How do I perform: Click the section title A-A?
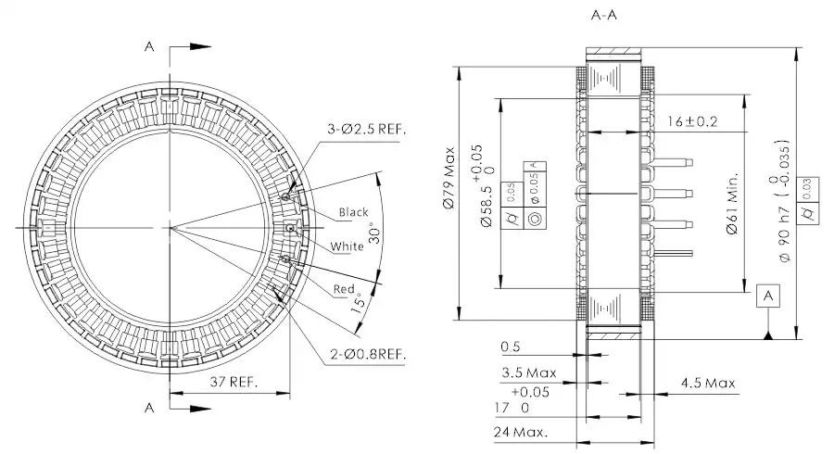point(608,16)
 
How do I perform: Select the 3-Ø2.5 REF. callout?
point(367,128)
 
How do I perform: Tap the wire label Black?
point(354,212)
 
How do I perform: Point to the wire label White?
point(347,246)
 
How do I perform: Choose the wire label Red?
point(345,290)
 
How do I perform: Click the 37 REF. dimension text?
point(230,382)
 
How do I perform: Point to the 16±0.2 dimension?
point(694,121)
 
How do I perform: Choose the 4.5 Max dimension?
point(707,382)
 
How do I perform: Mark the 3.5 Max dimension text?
point(529,373)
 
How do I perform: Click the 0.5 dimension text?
point(510,347)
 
